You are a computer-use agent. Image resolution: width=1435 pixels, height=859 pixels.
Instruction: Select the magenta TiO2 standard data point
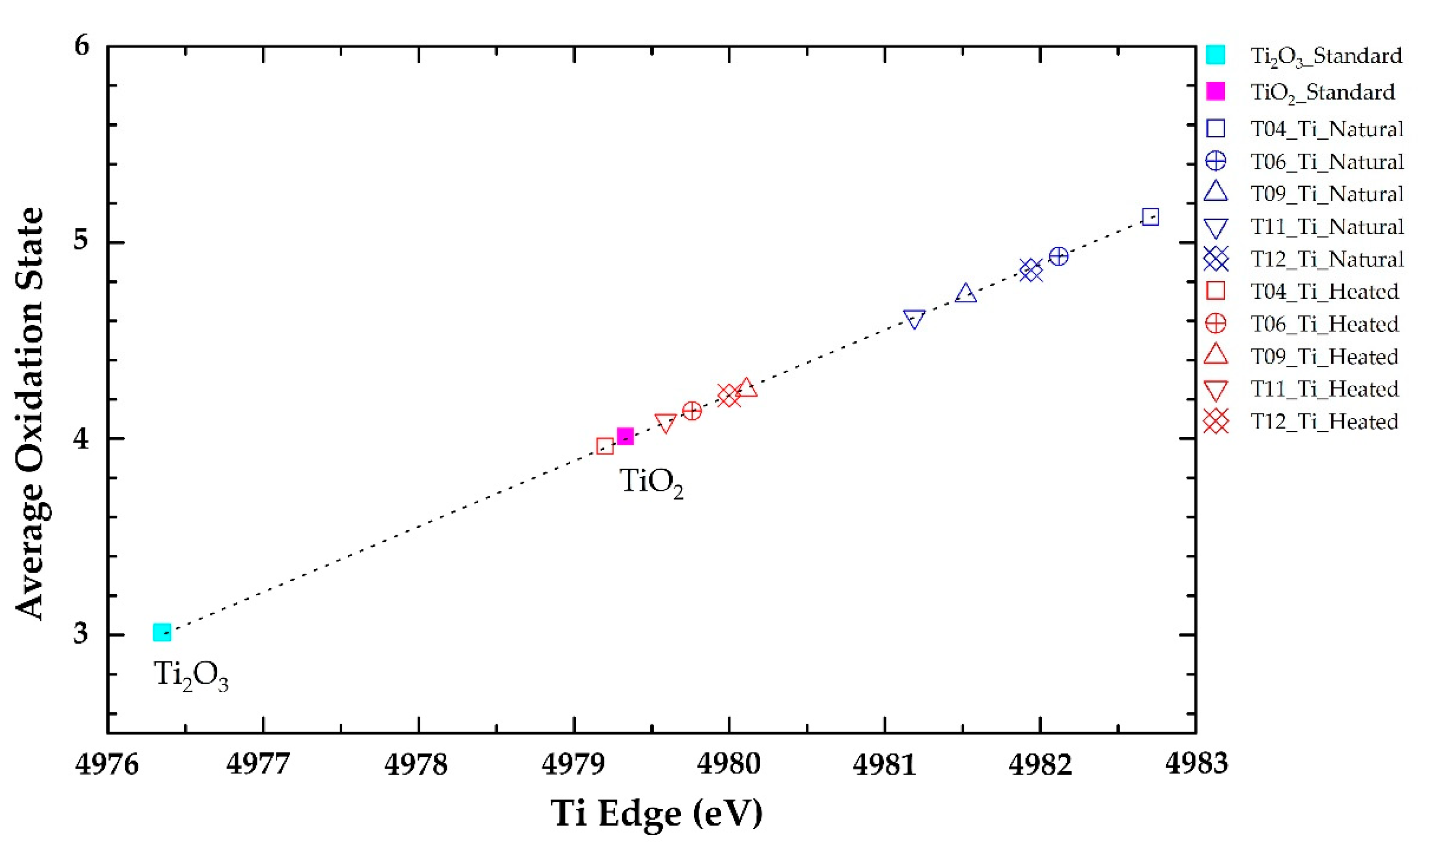(625, 436)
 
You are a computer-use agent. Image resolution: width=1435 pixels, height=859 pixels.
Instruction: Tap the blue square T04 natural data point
(1149, 217)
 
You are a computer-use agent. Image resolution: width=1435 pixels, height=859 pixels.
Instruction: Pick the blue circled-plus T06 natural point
(1058, 256)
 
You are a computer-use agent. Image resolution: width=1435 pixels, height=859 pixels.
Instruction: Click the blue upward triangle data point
(966, 294)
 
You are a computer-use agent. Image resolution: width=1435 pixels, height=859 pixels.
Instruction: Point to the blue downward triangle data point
(914, 318)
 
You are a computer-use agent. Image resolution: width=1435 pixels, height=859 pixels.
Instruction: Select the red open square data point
(604, 446)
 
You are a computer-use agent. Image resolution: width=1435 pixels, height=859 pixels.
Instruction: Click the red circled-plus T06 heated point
(692, 411)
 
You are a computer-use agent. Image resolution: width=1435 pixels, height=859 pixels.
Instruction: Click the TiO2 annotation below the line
(651, 482)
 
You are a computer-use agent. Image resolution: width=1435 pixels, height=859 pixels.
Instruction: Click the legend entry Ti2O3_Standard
(1326, 56)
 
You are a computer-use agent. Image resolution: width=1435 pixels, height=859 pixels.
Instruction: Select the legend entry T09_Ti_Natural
(1326, 193)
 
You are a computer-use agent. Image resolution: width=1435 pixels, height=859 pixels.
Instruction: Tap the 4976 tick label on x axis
(107, 764)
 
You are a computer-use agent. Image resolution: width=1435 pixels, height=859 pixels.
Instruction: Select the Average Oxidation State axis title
(30, 413)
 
